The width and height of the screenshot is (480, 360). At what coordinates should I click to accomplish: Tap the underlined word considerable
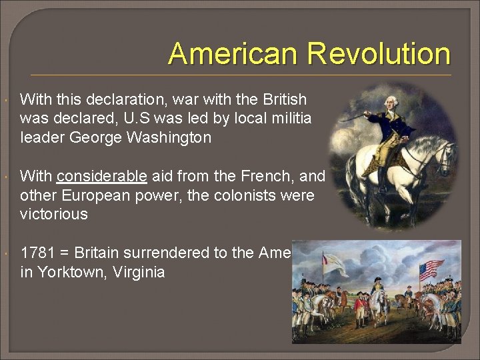pyautogui.click(x=102, y=176)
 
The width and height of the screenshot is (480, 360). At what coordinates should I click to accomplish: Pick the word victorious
pyautogui.click(x=54, y=214)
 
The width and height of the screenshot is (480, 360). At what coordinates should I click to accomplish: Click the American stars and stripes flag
pyautogui.click(x=430, y=269)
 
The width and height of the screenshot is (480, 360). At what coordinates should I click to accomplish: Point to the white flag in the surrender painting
pyautogui.click(x=333, y=264)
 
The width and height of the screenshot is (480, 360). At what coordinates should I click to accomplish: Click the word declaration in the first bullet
pyautogui.click(x=114, y=100)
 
